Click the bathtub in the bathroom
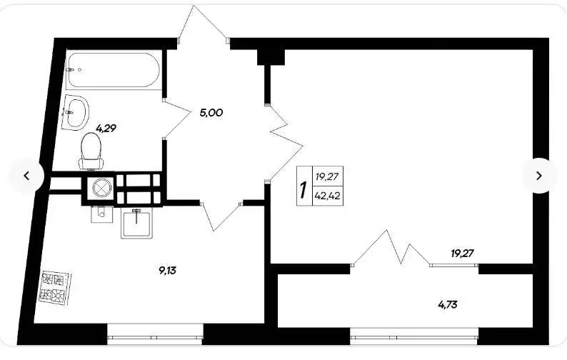click(x=113, y=70)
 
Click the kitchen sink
click(x=136, y=224)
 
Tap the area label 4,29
click(x=106, y=128)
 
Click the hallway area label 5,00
click(x=211, y=113)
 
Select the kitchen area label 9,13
click(x=167, y=270)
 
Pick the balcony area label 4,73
click(x=448, y=305)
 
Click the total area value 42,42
click(x=327, y=196)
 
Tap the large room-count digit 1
click(x=303, y=189)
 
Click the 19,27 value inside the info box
click(x=327, y=177)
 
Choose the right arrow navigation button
click(x=539, y=176)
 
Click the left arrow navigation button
click(x=26, y=176)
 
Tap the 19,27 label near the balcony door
click(x=462, y=254)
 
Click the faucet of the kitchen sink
click(x=136, y=215)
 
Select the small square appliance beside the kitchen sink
click(x=101, y=214)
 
